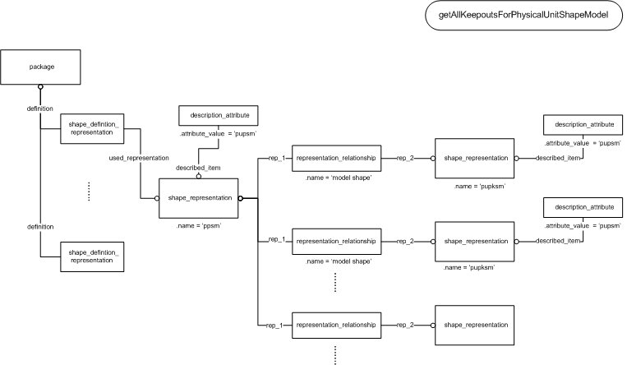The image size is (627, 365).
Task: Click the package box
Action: click(40, 67)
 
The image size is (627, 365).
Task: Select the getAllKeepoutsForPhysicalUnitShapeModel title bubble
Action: click(523, 15)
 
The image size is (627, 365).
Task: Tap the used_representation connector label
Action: click(139, 158)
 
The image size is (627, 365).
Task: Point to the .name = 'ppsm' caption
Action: click(199, 226)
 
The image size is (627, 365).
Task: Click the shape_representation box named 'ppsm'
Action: click(198, 198)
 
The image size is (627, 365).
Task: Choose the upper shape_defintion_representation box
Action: click(92, 128)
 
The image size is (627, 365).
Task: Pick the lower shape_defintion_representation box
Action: click(92, 256)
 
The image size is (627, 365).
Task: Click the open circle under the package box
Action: click(40, 87)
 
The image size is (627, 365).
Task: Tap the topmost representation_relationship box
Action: click(336, 158)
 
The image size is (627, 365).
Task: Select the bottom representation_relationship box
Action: click(336, 325)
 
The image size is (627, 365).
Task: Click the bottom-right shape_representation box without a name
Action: click(474, 325)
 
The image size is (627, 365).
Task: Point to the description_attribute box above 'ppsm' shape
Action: click(219, 115)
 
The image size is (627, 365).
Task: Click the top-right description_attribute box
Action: click(583, 124)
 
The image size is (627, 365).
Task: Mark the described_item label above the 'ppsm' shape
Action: click(198, 168)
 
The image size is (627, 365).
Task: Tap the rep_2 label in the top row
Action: click(405, 158)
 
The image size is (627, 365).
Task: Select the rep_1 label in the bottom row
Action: click(274, 326)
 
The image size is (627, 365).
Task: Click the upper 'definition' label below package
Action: click(40, 109)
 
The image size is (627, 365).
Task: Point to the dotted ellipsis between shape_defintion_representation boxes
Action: click(89, 192)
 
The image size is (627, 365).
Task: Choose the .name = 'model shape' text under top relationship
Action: click(339, 178)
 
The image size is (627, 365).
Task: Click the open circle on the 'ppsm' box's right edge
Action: click(240, 198)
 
